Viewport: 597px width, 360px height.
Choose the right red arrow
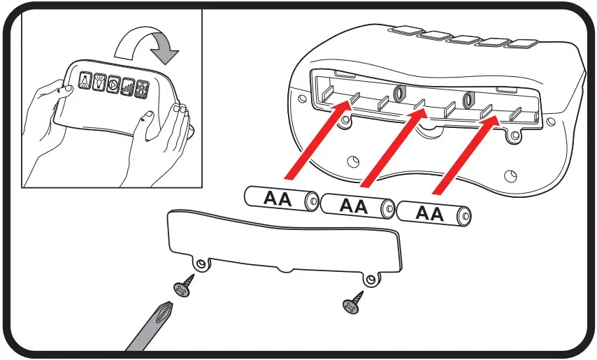pyautogui.click(x=465, y=152)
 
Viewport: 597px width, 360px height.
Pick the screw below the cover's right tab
pyautogui.click(x=354, y=302)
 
